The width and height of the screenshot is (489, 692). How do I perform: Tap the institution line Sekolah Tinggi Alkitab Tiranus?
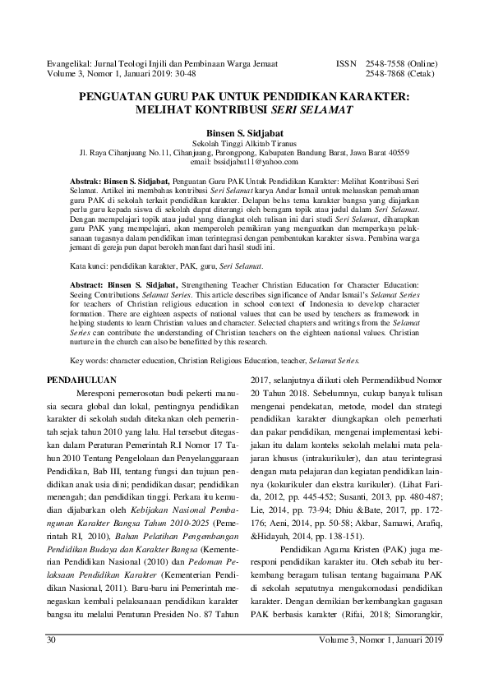coord(244,141)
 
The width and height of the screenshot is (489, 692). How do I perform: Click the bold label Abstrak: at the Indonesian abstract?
coord(86,178)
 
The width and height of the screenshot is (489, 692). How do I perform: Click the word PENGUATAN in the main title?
coord(116,95)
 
